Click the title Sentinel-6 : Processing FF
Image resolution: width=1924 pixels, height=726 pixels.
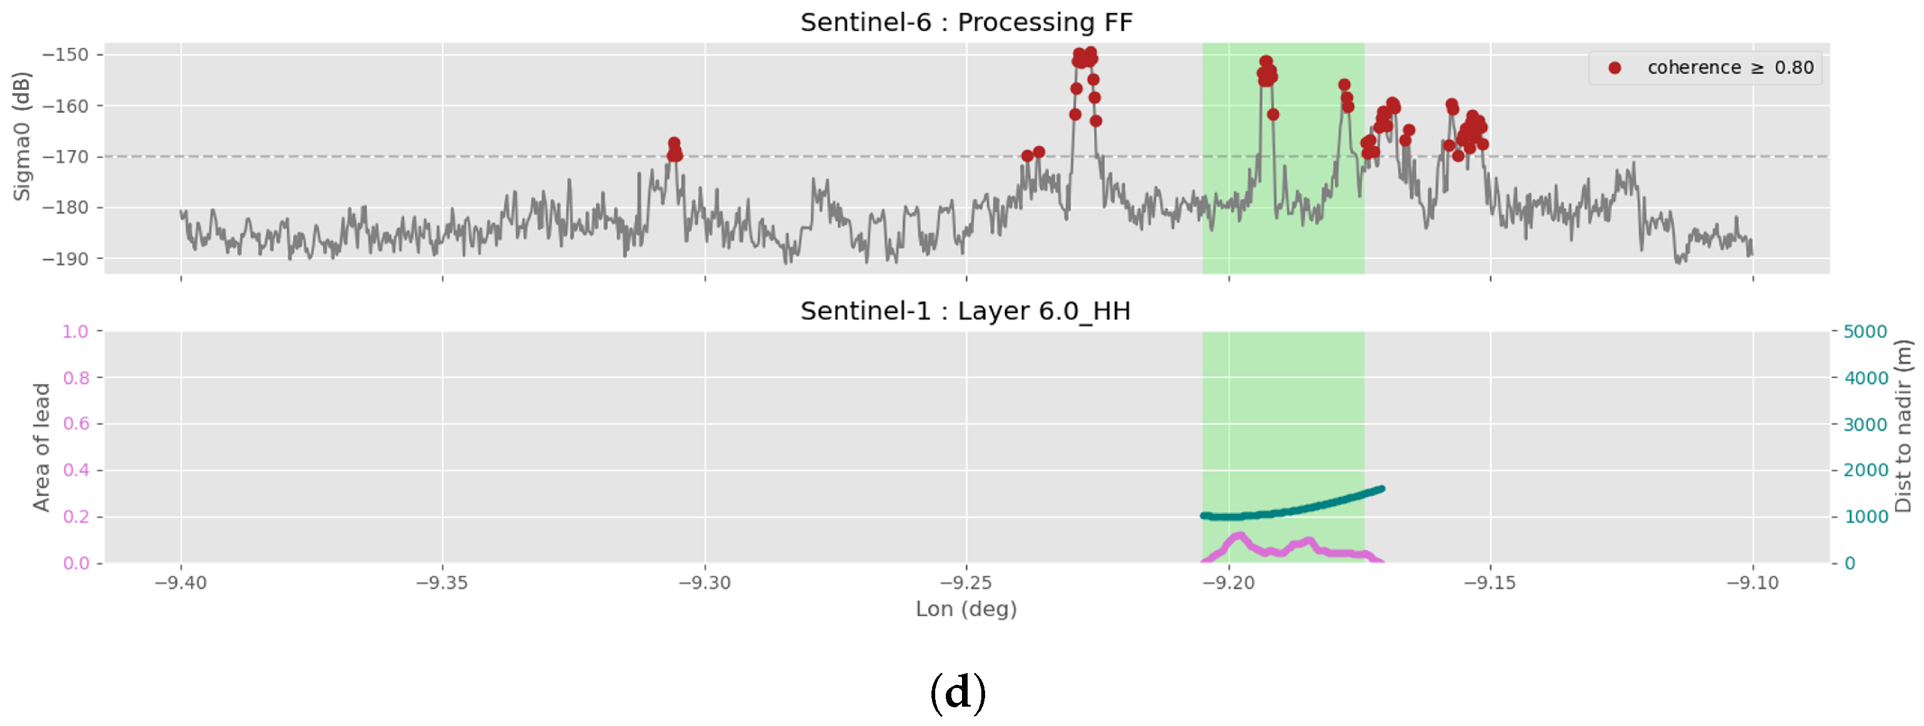click(x=966, y=22)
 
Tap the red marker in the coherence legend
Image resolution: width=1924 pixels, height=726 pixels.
click(x=1614, y=68)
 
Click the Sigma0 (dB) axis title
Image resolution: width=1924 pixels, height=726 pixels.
click(x=22, y=136)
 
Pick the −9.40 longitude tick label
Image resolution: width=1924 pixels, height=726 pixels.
click(x=180, y=583)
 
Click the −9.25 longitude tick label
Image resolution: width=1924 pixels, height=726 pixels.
click(x=966, y=583)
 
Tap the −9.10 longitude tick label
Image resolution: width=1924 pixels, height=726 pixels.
click(x=1752, y=583)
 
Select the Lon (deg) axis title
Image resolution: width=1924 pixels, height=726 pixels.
click(x=966, y=609)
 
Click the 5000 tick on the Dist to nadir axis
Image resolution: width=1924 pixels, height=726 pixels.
click(x=1865, y=332)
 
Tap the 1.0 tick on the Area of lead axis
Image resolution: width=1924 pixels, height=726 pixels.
click(x=75, y=332)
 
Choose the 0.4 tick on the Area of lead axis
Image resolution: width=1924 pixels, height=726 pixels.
click(x=75, y=470)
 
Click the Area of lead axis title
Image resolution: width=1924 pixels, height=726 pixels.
click(x=42, y=447)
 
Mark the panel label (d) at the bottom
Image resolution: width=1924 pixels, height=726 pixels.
click(x=958, y=693)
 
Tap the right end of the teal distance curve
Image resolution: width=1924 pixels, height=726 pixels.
click(x=1381, y=489)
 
